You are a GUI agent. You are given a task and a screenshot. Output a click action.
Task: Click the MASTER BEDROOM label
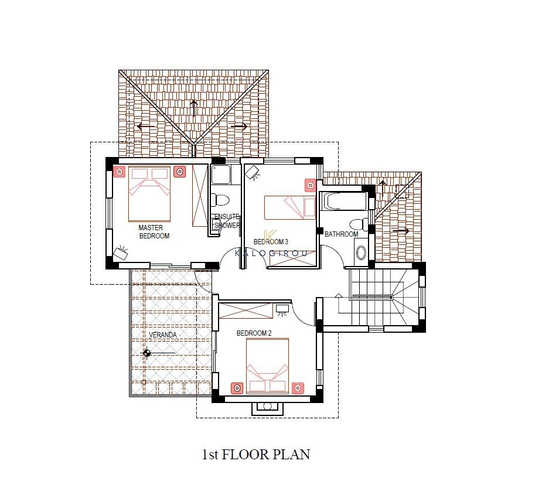154,232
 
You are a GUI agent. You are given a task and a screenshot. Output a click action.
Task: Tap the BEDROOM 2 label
254,333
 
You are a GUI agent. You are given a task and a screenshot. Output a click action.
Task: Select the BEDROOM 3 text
271,241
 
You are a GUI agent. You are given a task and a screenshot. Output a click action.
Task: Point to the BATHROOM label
342,234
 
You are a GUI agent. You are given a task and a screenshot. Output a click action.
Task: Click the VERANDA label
163,335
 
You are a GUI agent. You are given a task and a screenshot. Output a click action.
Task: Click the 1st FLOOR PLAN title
256,454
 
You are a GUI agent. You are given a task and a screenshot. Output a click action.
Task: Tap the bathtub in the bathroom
343,201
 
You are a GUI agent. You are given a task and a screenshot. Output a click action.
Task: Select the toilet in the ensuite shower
220,200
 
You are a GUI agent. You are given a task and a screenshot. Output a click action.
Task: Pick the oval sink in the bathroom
361,252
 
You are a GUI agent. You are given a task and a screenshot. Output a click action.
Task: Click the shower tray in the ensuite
220,175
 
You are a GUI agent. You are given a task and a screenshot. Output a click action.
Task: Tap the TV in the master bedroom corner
121,253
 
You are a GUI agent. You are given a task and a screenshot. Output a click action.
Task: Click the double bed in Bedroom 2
267,366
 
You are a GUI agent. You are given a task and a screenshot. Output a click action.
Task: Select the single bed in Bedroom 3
290,208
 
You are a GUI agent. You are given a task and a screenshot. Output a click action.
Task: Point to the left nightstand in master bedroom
120,172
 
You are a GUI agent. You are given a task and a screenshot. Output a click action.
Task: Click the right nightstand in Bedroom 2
298,388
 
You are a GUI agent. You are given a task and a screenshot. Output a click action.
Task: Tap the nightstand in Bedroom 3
310,186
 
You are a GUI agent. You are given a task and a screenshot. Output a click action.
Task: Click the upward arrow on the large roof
193,108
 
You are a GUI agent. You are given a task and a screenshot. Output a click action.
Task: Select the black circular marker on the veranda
146,353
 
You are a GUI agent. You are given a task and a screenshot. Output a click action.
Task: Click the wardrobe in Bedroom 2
246,310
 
